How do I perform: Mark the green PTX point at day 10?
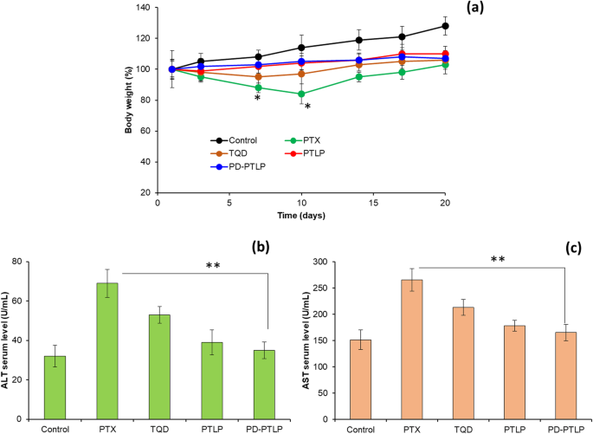click(301, 94)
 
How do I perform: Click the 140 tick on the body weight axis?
click(140, 8)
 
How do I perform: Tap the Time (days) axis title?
click(300, 214)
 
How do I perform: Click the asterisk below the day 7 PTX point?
click(257, 98)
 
